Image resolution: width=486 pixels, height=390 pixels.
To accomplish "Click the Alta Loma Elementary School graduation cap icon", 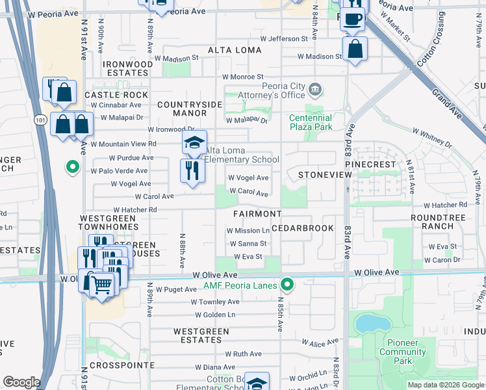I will (x=194, y=143).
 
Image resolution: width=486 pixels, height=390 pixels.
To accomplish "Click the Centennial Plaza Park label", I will (x=311, y=122).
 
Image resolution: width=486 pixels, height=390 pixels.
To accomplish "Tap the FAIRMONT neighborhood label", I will (x=258, y=214).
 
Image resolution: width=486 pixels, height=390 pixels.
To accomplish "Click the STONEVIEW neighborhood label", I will (x=320, y=175).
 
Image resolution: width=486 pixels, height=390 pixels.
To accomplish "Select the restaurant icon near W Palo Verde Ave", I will (x=192, y=171).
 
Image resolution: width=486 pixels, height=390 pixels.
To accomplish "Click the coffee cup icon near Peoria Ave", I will (x=353, y=19).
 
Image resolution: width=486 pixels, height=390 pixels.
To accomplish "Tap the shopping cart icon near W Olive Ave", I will (x=101, y=285).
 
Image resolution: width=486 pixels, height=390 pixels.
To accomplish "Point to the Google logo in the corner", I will (x=21, y=382).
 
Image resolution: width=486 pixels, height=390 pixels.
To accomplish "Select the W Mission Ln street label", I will (x=248, y=231).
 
